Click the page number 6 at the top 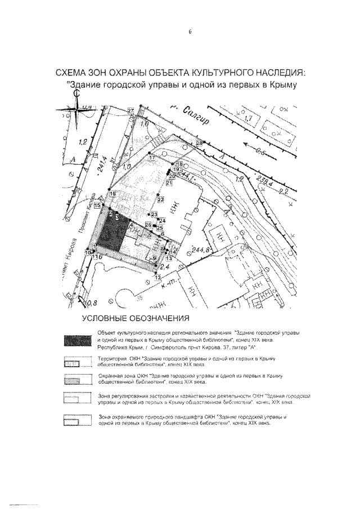click(x=190, y=32)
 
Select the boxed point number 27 click(x=131, y=110)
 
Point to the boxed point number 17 click(x=151, y=159)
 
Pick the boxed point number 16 click(x=112, y=194)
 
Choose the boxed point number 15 click(x=97, y=206)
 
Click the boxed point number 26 click(x=148, y=225)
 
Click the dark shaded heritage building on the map click(x=111, y=233)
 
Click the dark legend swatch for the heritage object click(x=78, y=340)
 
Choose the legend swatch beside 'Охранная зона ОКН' click(x=78, y=379)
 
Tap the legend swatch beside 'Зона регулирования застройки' click(x=78, y=399)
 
